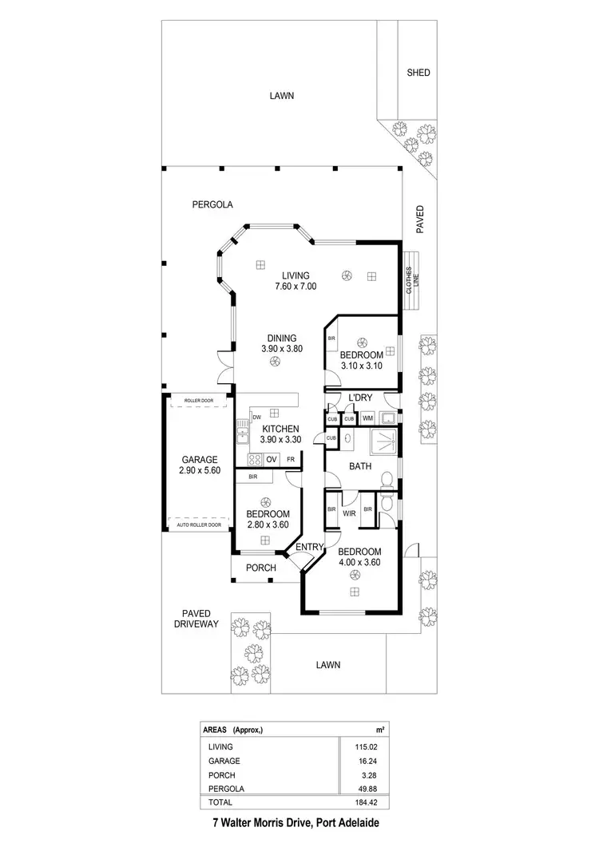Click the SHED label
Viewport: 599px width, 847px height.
coord(418,73)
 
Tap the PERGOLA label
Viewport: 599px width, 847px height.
coord(212,204)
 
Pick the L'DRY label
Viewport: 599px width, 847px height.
coord(357,398)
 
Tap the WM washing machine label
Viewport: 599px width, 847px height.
coord(367,418)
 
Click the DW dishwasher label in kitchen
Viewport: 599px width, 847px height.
coord(256,417)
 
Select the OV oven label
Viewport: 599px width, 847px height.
coord(272,459)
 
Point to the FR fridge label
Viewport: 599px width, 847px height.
coord(291,459)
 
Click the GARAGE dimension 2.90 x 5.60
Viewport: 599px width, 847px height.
coord(200,471)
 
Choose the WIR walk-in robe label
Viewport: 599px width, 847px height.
coord(349,514)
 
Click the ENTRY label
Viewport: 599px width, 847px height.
coord(310,547)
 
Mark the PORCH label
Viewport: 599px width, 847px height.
coord(260,568)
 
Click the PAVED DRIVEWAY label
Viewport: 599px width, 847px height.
coord(196,619)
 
